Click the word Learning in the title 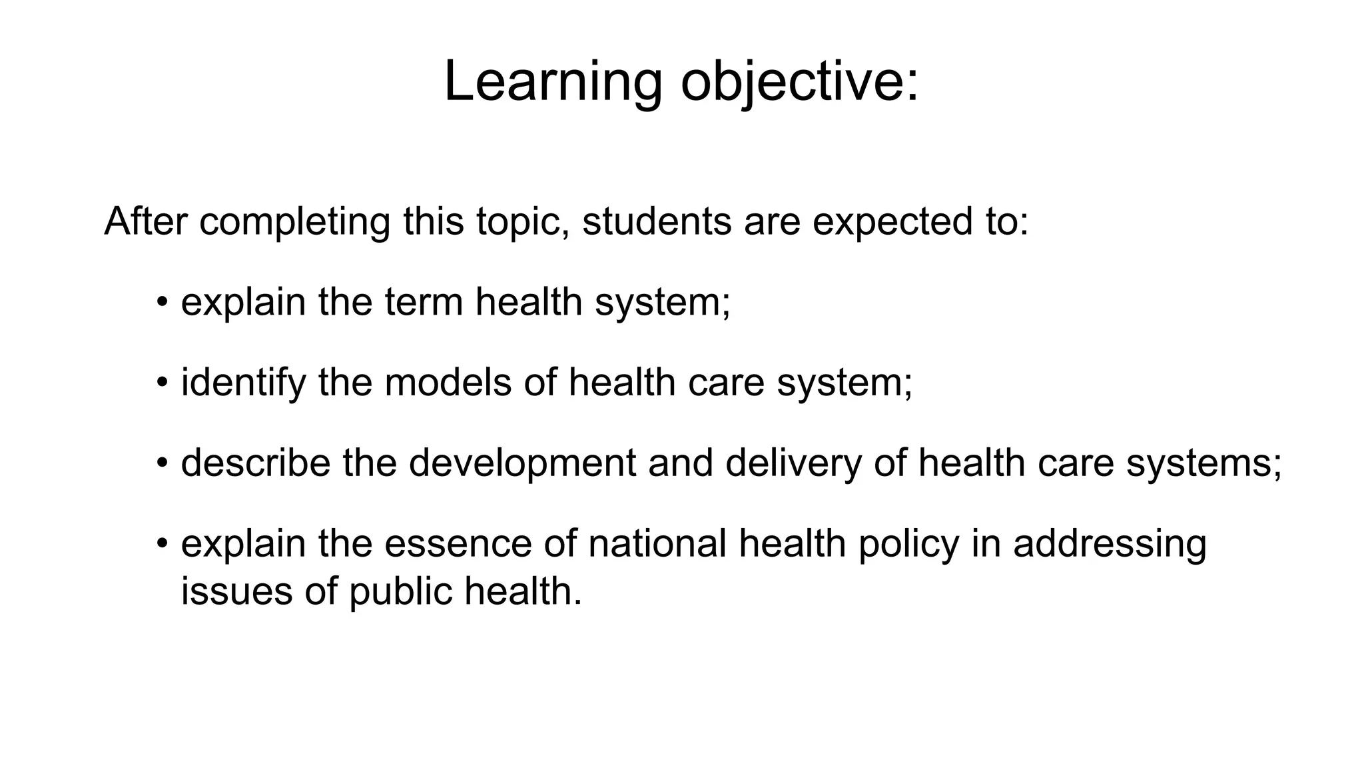coord(553,82)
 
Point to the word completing coord(294,222)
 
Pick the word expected coord(888,222)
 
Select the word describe coord(256,463)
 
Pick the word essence coord(458,543)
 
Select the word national coord(657,543)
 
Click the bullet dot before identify coord(161,383)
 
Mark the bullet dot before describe coord(161,463)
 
